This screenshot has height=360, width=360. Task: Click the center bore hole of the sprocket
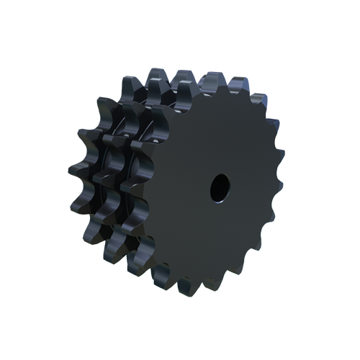pos(220,187)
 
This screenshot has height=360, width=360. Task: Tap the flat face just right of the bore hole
pos(248,187)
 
